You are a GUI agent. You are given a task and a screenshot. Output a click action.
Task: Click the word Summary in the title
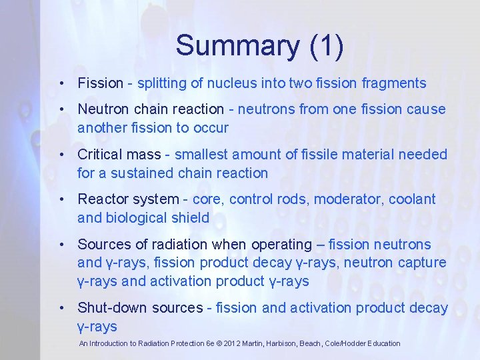pos(237,46)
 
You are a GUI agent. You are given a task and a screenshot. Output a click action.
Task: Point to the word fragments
pos(394,83)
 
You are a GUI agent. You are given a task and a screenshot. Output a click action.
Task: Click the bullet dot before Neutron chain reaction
pos(61,109)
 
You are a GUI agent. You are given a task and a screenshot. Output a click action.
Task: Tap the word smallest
pos(200,155)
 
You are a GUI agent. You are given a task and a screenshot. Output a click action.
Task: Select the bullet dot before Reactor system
pos(61,199)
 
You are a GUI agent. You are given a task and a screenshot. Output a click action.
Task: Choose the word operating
pos(278,245)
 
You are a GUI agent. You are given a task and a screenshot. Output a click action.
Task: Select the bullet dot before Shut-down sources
pos(61,308)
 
